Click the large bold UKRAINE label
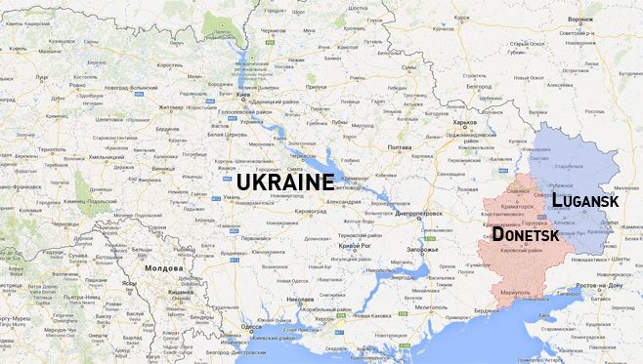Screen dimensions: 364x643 [x=285, y=182]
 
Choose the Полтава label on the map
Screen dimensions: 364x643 [x=400, y=146]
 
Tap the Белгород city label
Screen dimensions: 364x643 [x=480, y=85]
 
